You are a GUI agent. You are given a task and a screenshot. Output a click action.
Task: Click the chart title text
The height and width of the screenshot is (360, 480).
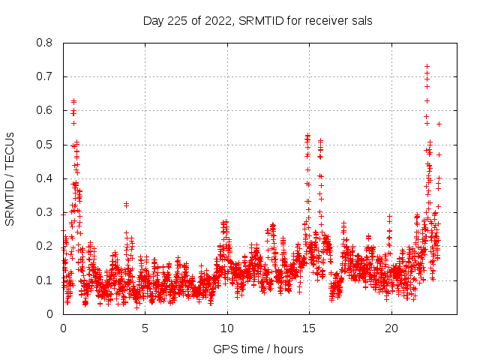click(x=258, y=20)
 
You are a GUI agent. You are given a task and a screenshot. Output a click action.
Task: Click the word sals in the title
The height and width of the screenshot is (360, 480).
click(x=361, y=20)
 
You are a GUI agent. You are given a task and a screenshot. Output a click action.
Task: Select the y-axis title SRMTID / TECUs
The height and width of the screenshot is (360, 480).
click(x=10, y=178)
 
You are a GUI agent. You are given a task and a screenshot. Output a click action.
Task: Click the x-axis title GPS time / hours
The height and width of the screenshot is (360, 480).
click(x=258, y=349)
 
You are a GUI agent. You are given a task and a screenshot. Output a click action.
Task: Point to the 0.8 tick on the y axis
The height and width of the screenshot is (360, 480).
click(x=45, y=43)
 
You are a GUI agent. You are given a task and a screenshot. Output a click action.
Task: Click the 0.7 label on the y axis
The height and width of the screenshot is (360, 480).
click(x=45, y=76)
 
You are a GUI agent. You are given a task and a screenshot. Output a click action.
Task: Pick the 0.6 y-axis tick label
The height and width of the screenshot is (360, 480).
click(x=45, y=110)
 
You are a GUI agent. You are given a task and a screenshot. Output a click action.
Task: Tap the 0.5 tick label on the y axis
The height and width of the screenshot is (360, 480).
click(x=45, y=145)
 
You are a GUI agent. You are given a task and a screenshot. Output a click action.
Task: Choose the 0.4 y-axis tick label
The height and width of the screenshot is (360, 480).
click(x=45, y=178)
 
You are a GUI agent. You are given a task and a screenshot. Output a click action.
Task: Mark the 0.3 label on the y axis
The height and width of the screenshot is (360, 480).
click(x=45, y=212)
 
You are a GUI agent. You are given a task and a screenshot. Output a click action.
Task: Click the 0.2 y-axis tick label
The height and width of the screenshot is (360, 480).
click(x=45, y=246)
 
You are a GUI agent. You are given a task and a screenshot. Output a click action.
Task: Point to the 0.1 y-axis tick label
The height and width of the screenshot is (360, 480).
click(x=45, y=280)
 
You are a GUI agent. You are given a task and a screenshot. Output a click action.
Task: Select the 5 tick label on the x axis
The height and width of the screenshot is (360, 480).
click(x=145, y=328)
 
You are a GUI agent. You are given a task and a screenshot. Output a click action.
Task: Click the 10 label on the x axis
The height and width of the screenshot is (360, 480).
click(x=226, y=328)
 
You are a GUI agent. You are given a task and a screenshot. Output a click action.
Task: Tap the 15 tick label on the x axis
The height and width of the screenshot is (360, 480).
click(x=308, y=328)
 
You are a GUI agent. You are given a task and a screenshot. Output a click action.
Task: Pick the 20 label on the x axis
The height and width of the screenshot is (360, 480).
click(x=391, y=328)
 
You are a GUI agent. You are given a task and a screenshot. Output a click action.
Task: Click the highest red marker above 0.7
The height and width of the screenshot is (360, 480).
click(x=427, y=67)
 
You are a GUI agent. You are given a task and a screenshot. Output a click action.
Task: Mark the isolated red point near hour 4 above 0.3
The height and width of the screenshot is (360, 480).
click(x=126, y=204)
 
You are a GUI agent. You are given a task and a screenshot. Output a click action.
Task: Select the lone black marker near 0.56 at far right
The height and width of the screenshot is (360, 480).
click(x=439, y=124)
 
